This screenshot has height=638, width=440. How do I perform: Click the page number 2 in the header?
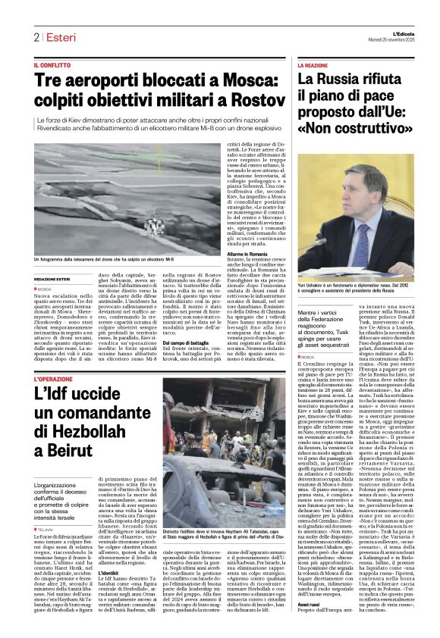tap(36, 38)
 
